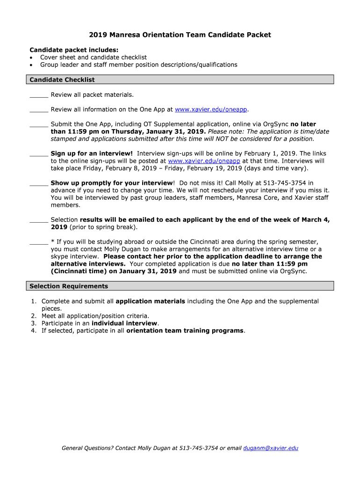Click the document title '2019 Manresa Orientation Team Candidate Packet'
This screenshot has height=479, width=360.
pyautogui.click(x=180, y=35)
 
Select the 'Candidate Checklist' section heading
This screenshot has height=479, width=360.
pyautogui.click(x=62, y=80)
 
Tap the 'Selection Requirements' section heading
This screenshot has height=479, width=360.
pyautogui.click(x=69, y=286)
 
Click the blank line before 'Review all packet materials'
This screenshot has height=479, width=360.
pyautogui.click(x=39, y=95)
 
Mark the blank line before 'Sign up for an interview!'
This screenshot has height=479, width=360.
pyautogui.click(x=39, y=154)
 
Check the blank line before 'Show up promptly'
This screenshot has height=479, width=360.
pyautogui.click(x=39, y=183)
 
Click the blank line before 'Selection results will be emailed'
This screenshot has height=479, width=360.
pyautogui.click(x=39, y=220)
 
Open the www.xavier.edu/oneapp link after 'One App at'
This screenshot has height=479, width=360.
pyautogui.click(x=211, y=109)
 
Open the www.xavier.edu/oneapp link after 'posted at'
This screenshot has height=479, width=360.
pyautogui.click(x=204, y=161)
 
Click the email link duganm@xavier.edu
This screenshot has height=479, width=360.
pyautogui.click(x=271, y=448)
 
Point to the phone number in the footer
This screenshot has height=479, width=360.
pyautogui.click(x=199, y=448)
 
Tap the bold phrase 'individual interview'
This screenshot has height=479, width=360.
pyautogui.click(x=124, y=323)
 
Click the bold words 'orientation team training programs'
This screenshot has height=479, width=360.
pyautogui.click(x=185, y=331)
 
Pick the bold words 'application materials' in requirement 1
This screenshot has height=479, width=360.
pyautogui.click(x=150, y=302)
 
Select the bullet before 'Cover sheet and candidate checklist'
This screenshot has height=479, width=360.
pyautogui.click(x=31, y=58)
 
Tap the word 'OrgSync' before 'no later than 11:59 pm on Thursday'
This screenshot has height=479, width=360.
pyautogui.click(x=276, y=124)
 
